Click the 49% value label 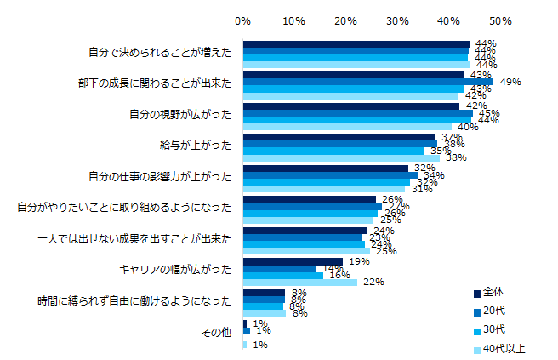510,82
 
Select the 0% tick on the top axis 242,19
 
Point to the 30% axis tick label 397,19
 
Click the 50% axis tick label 500,19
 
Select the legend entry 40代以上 509,348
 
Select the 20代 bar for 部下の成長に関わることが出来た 367,82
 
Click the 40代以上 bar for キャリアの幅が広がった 299,283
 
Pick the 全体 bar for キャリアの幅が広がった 292,261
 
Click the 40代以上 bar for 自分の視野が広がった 347,127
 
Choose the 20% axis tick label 345,19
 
